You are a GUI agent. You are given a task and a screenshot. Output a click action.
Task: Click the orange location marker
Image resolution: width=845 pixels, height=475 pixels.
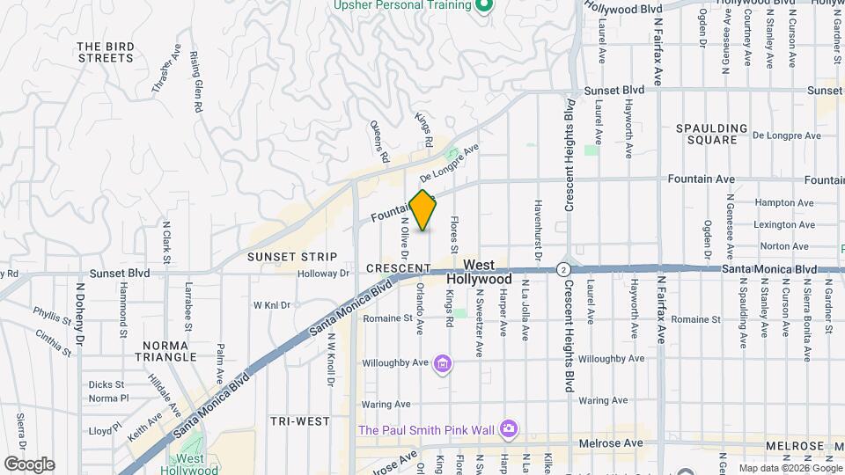[423, 210]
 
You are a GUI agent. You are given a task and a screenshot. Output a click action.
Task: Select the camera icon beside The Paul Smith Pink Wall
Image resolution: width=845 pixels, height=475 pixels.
[508, 429]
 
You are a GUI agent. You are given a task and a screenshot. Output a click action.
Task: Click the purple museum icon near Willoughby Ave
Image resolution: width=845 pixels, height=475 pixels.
[443, 363]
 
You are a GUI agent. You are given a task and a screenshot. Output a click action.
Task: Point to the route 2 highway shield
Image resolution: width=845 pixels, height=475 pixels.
[562, 268]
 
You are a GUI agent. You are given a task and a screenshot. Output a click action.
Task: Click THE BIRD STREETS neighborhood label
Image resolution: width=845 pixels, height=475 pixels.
[105, 52]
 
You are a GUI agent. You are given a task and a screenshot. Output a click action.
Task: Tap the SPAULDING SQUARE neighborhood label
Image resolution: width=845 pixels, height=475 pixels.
[711, 134]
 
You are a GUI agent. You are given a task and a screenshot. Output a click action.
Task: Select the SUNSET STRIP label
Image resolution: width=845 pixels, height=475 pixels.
[292, 257]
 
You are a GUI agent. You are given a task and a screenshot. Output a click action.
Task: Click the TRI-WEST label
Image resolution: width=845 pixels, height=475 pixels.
[299, 421]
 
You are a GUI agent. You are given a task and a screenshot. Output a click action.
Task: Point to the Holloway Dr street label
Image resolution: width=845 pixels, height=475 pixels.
[323, 274]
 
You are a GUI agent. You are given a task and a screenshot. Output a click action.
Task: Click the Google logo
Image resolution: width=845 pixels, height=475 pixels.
[28, 464]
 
